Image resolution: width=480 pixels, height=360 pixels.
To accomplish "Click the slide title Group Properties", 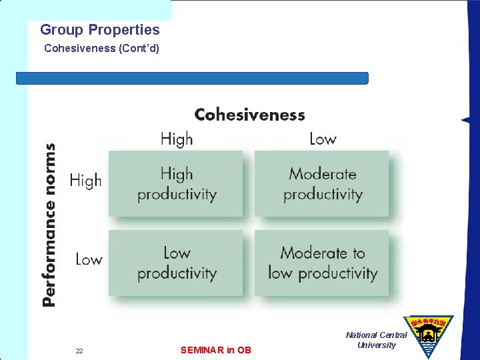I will pos(100,29).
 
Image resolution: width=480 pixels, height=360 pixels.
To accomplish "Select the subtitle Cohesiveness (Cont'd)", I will pos(101,49).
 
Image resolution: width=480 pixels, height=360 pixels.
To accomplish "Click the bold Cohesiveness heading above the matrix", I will pos(249,115).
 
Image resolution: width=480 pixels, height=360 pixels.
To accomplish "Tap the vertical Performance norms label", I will pos(49,225).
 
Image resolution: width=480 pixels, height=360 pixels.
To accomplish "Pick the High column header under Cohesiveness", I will pos(177,139).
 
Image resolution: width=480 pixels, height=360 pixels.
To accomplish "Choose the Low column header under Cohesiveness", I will pos(323,139).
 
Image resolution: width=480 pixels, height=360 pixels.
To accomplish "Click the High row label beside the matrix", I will pos(85,180).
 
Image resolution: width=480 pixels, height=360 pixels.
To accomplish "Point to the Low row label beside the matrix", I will pos(89,259).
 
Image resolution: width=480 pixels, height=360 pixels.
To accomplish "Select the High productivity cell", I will pos(177,184).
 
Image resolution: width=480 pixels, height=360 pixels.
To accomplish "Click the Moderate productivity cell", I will pos(323,184).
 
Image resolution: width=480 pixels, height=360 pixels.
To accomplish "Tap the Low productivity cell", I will pos(177,263).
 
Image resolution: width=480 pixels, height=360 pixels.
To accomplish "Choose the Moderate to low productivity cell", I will pos(323,263).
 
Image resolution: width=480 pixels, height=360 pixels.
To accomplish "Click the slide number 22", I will pos(79,351).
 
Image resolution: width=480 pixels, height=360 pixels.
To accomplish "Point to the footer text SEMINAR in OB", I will pos(216,350).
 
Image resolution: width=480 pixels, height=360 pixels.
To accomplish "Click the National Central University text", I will pos(376,340).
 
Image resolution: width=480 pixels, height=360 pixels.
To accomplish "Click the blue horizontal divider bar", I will pos(192,78).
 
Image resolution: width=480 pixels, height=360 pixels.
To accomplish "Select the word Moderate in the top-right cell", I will pos(323,174).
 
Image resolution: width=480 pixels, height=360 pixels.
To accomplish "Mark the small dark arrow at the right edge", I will pos(465,120).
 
